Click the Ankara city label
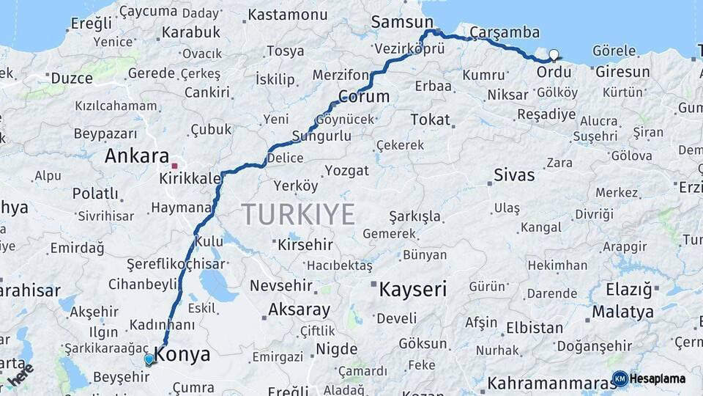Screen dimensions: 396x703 (x=136, y=155)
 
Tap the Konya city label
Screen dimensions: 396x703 (x=183, y=355)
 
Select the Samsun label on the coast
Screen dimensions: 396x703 (x=402, y=22)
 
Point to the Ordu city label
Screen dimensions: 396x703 (x=554, y=73)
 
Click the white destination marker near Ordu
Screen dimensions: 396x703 (x=554, y=54)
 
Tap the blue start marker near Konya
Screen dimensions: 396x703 (x=149, y=359)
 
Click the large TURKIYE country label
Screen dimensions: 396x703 (x=298, y=214)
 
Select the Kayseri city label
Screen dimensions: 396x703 (x=412, y=289)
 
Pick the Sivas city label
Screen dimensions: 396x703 (x=514, y=175)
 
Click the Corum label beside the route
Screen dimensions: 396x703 (x=364, y=97)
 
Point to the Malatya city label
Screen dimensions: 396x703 (x=622, y=312)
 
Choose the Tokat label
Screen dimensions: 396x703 (x=430, y=119)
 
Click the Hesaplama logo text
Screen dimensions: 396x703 (x=657, y=378)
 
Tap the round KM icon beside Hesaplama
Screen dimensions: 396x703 (x=620, y=378)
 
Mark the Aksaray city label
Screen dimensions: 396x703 (x=299, y=309)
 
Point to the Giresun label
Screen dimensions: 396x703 (x=622, y=72)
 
